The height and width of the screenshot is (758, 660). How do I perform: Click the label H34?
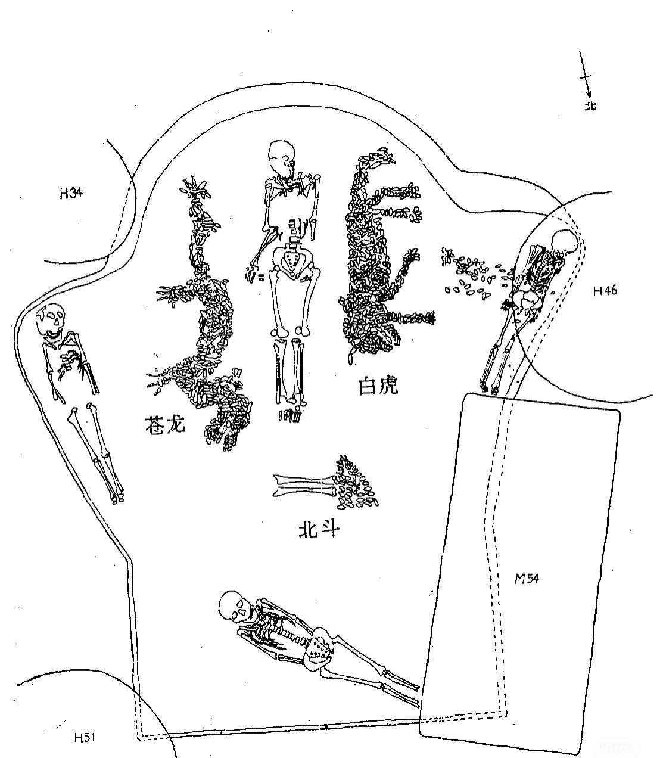(x=71, y=194)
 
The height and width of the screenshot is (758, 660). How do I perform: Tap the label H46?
(x=605, y=291)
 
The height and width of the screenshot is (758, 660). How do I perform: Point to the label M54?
(x=527, y=578)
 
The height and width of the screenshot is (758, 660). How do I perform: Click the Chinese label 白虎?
(x=378, y=386)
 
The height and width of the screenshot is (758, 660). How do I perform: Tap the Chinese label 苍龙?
(x=165, y=424)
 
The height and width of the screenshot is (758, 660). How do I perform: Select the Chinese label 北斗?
(x=319, y=530)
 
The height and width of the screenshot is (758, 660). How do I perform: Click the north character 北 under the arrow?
(x=590, y=106)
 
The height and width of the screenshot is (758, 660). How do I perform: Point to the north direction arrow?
(x=585, y=76)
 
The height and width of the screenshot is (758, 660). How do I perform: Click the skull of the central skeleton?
(x=282, y=156)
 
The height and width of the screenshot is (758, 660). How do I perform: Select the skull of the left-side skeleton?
(x=51, y=319)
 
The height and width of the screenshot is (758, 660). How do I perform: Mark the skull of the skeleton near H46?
(x=565, y=243)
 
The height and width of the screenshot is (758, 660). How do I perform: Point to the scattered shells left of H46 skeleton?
(x=476, y=274)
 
